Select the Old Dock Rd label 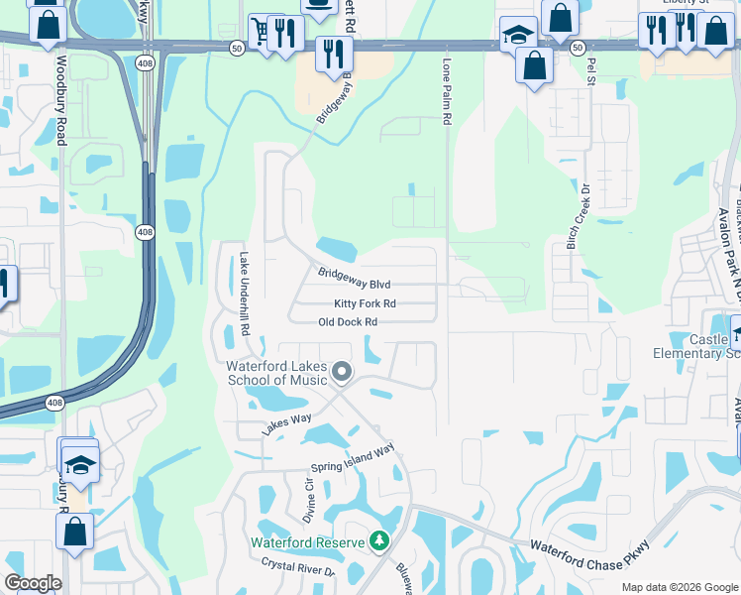coord(348,322)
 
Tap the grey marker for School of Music coord(343,373)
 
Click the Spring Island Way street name coord(353,457)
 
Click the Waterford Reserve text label coord(307,542)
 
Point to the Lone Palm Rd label coord(446,90)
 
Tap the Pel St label coord(591,71)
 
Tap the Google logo coord(33,583)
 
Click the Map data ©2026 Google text coord(679,587)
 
